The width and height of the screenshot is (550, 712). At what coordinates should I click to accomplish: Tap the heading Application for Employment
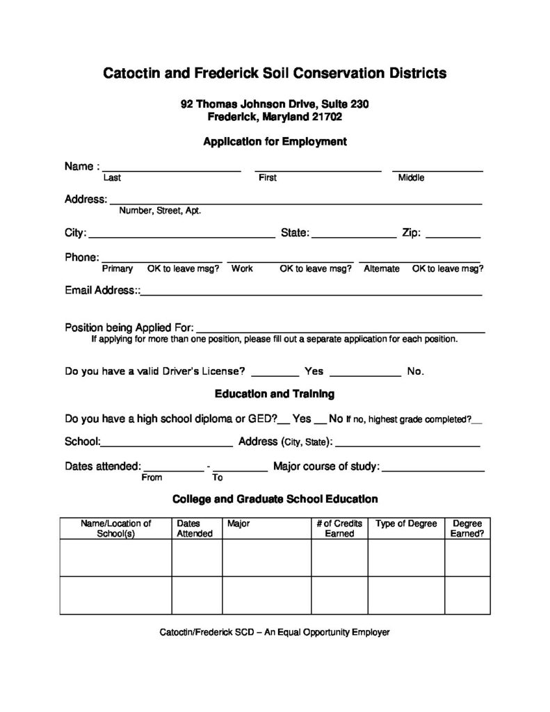275,142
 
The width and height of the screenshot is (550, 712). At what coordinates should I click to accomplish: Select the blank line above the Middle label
437,169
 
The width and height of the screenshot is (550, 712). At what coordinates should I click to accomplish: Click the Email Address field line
311,294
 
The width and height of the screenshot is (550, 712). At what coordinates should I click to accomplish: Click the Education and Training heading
275,394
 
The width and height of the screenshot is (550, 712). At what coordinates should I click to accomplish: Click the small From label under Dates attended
152,478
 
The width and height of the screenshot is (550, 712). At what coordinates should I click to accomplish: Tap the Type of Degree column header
406,524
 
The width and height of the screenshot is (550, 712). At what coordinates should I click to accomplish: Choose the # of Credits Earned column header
339,528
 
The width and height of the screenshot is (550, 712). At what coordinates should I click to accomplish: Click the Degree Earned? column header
468,528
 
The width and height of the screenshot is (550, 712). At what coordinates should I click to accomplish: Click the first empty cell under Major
266,558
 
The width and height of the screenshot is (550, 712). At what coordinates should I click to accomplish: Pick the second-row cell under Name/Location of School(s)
115,595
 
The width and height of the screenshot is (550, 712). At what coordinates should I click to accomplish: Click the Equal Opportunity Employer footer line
275,633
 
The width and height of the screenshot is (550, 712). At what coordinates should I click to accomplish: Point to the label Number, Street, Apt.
160,211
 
